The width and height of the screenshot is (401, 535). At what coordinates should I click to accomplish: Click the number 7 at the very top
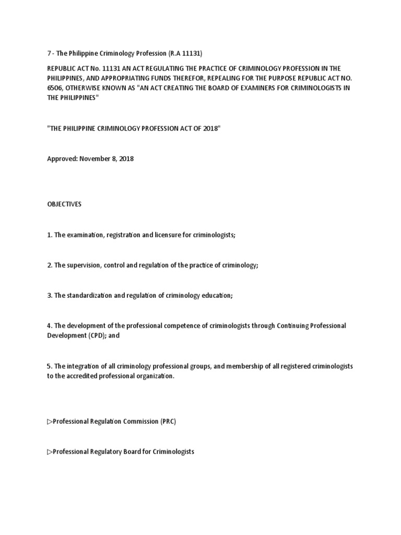(49, 54)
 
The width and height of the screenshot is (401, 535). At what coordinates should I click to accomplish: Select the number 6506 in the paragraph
(56, 87)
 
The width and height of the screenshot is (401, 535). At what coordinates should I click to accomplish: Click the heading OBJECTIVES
(64, 204)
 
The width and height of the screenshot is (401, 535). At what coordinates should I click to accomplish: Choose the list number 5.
(49, 366)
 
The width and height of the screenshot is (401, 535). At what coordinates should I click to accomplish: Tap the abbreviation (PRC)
(168, 421)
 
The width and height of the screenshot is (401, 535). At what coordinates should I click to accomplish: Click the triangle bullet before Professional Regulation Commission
(50, 421)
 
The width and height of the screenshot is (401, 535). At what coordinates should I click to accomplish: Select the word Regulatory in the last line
(104, 451)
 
